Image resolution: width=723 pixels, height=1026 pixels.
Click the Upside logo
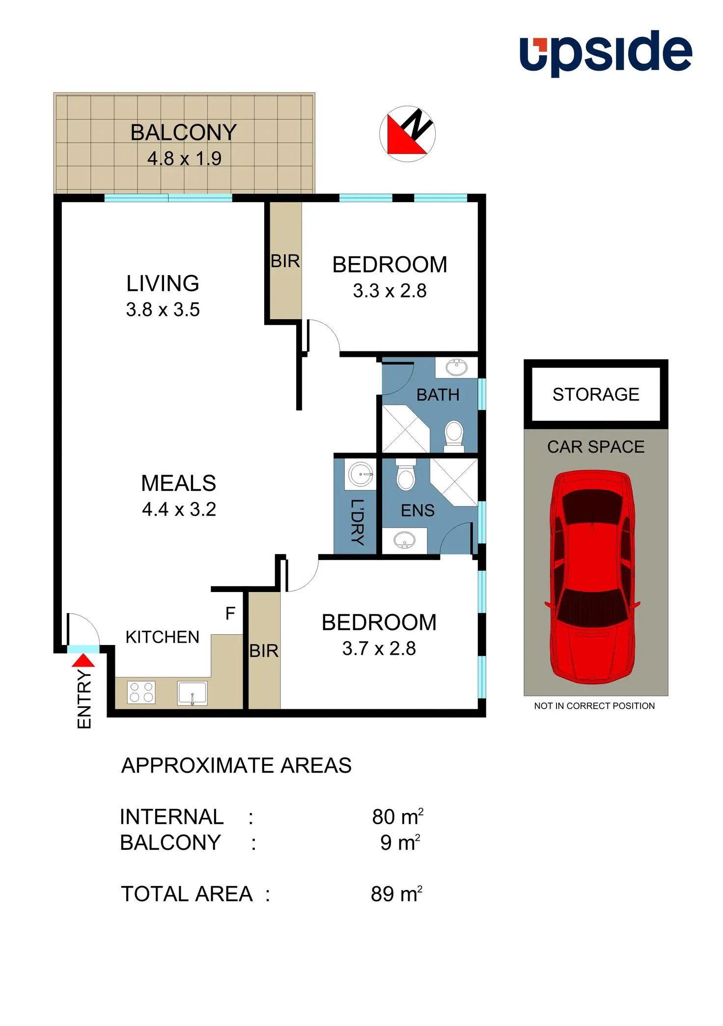[606, 53]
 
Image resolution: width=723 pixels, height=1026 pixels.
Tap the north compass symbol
[407, 134]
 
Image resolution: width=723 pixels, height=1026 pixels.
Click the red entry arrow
[83, 660]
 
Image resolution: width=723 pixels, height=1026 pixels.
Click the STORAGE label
[596, 394]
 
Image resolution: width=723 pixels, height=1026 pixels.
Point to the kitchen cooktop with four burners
[141, 692]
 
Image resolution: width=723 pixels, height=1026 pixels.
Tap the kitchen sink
[192, 693]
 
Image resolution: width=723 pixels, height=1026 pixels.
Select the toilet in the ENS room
[406, 475]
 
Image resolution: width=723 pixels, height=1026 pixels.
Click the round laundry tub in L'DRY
[361, 475]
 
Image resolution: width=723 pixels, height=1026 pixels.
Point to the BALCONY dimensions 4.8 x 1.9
[184, 159]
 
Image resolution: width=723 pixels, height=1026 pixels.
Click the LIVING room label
[163, 283]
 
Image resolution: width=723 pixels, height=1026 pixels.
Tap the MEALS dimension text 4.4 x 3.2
[179, 510]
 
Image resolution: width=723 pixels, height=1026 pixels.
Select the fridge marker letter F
[230, 613]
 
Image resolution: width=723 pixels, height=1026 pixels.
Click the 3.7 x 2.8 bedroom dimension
[379, 648]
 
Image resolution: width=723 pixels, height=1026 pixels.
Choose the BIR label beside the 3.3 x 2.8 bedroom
[285, 261]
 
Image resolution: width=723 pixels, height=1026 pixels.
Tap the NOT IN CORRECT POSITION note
[594, 706]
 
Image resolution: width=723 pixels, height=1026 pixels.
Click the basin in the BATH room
[456, 367]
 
